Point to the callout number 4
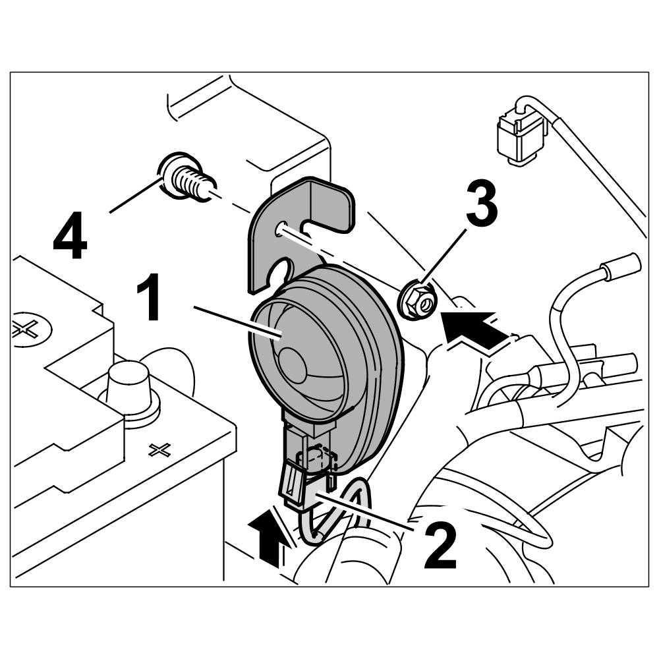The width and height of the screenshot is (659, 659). [x=70, y=241]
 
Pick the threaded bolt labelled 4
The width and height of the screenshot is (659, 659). [x=186, y=177]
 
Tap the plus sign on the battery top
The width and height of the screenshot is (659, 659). [x=159, y=450]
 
